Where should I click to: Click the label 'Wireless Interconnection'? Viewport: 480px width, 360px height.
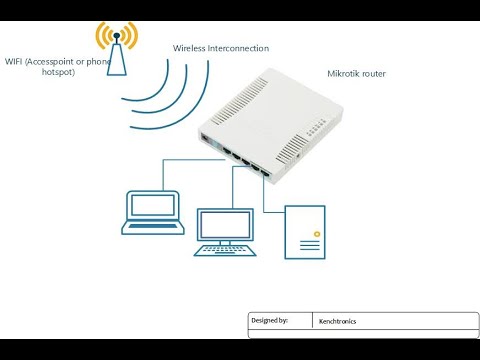coord(221,48)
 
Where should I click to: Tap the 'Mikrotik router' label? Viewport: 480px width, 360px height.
coord(356,74)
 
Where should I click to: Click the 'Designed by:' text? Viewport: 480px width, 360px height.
coord(270,321)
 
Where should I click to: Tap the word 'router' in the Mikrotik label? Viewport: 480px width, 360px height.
coord(372,74)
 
